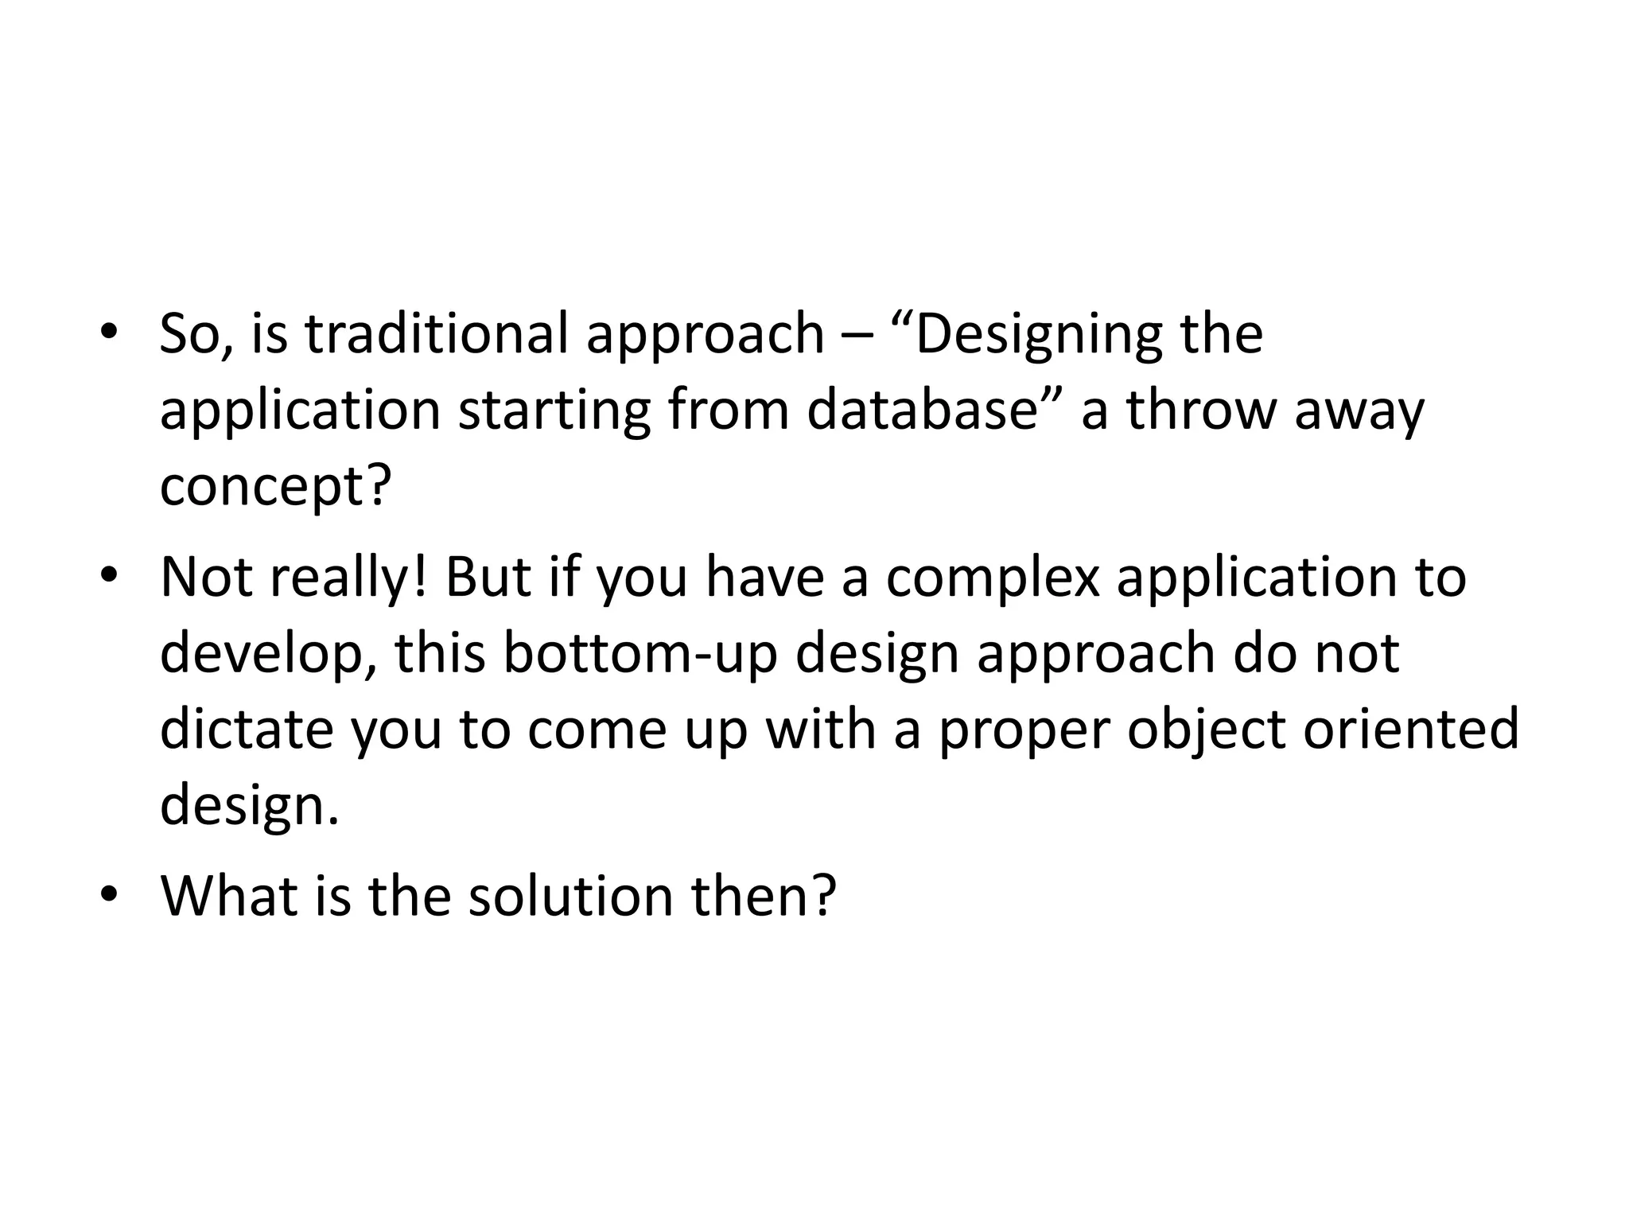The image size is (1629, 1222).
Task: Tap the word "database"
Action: pyautogui.click(x=923, y=411)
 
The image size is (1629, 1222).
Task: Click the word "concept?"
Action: pyautogui.click(x=276, y=487)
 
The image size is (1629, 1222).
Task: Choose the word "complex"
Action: pyautogui.click(x=993, y=578)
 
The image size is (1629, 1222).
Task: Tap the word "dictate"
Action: pyautogui.click(x=247, y=730)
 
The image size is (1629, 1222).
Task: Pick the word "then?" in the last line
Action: pyautogui.click(x=764, y=896)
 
